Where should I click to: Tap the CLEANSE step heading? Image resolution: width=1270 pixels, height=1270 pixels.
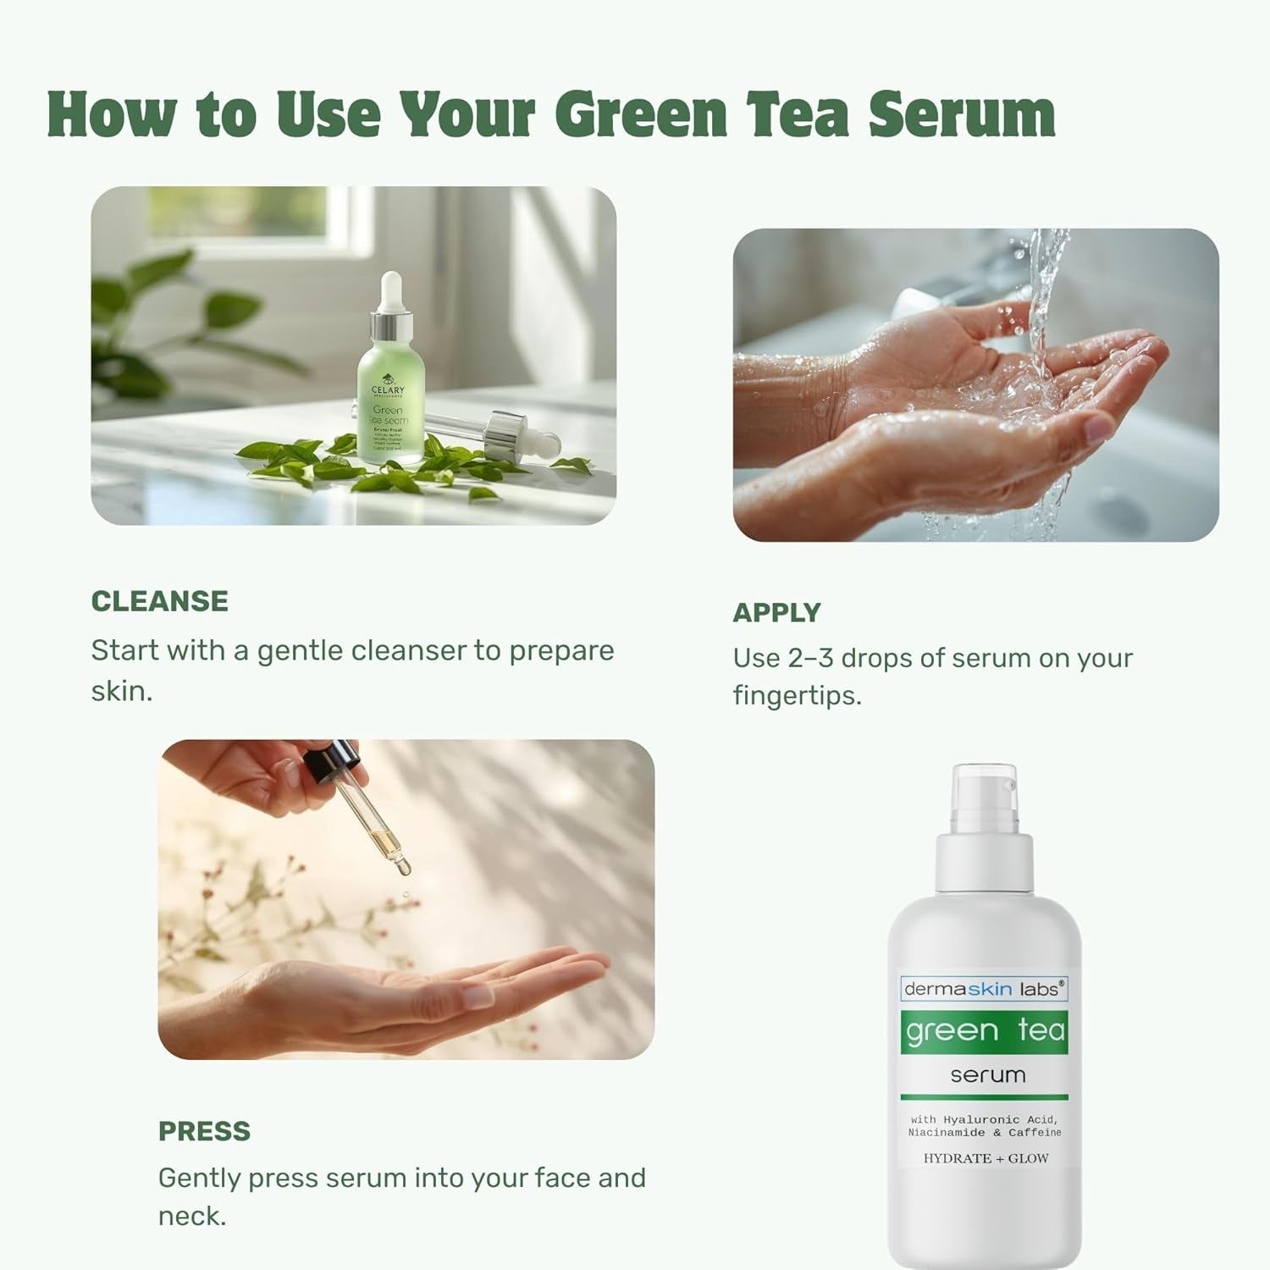click(159, 601)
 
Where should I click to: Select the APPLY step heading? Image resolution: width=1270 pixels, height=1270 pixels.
click(776, 612)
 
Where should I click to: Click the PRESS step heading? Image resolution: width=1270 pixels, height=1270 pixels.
click(204, 1131)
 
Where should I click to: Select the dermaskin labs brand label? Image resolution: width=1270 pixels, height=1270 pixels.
click(982, 988)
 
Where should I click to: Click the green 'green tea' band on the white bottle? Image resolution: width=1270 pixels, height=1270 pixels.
click(985, 1031)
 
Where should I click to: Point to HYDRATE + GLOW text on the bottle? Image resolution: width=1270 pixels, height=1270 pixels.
click(986, 1158)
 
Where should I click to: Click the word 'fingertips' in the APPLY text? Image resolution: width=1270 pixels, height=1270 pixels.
click(797, 696)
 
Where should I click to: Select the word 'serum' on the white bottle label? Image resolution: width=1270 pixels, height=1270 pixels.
click(987, 1075)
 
